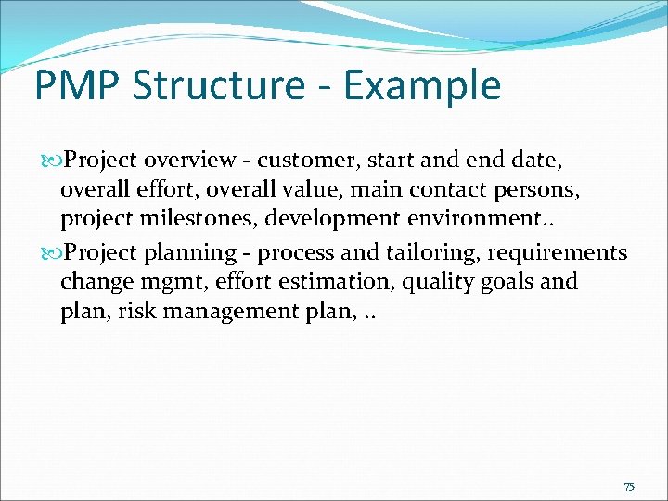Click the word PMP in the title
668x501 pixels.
78,85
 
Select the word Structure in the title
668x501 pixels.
218,85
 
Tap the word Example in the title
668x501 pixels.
422,85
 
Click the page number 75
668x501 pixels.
629,487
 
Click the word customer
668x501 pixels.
302,161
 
